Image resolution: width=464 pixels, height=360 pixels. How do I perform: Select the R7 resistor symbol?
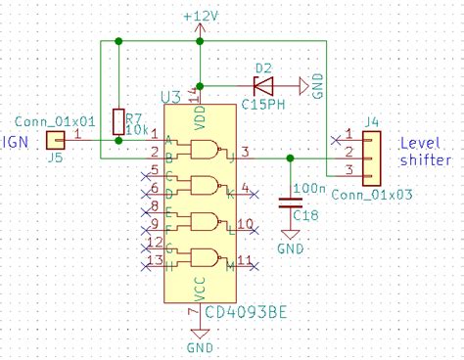point(118,121)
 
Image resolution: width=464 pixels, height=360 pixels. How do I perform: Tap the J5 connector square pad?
point(54,143)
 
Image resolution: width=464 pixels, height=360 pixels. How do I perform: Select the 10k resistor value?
point(137,128)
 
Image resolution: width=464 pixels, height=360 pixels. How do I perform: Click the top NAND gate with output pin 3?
point(207,150)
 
